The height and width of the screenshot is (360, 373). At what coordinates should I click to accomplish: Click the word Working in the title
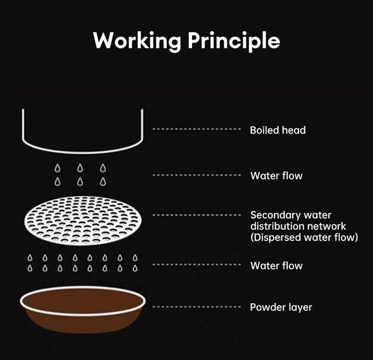coord(137,41)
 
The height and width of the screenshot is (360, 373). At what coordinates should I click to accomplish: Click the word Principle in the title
coord(234,41)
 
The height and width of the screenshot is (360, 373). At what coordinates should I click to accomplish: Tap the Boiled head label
coord(278,130)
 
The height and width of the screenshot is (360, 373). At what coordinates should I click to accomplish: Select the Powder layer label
coord(281,307)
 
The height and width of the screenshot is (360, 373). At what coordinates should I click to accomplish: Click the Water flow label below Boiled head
coord(276,176)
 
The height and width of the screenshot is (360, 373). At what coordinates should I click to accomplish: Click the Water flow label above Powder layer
coord(276,265)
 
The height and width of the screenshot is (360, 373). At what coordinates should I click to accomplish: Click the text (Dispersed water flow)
coord(304,237)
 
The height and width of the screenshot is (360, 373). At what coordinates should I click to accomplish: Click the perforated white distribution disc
coord(83,221)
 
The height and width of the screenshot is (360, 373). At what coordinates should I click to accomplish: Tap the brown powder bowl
coord(83,310)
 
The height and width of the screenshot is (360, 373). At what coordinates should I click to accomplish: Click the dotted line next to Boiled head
coord(197,129)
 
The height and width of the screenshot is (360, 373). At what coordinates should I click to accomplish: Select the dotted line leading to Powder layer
coord(197,306)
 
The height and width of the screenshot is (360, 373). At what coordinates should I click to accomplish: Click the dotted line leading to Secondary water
coord(197,215)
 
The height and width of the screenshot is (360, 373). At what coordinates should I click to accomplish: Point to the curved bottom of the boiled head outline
coord(82,152)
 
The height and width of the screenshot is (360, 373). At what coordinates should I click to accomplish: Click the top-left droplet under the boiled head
coord(57,168)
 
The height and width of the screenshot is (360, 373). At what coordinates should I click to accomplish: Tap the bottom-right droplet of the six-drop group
coord(103,182)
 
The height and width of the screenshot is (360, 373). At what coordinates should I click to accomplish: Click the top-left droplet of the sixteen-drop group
coord(30,258)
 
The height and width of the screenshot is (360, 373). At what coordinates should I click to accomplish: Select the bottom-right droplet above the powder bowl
coord(135,268)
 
